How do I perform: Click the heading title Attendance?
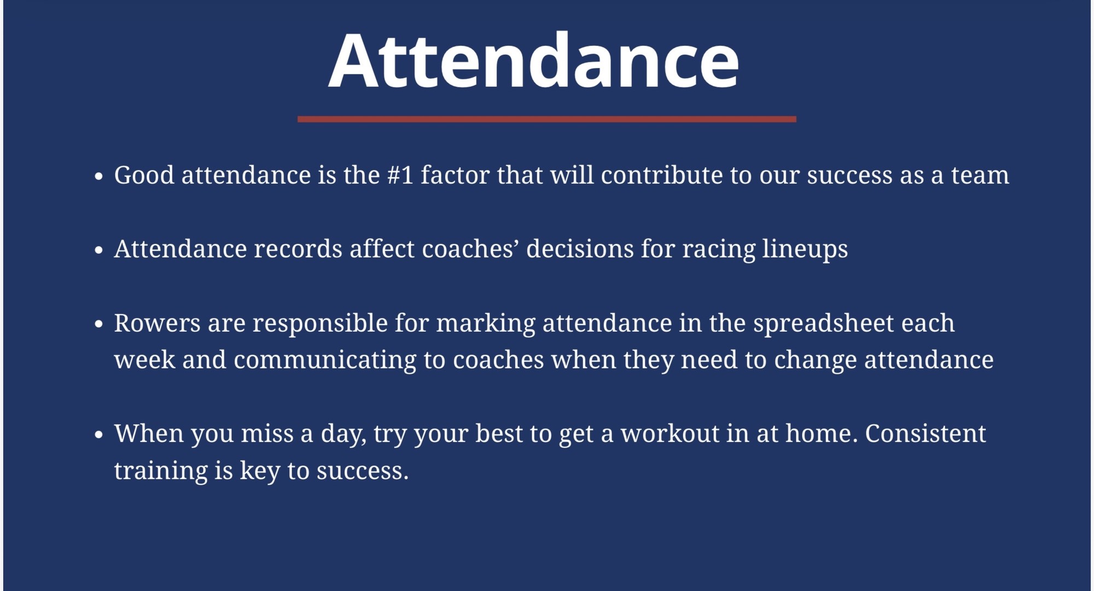click(x=533, y=60)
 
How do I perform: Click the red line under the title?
click(x=547, y=119)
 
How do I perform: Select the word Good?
click(x=144, y=175)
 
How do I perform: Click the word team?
click(x=980, y=176)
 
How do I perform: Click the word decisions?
click(x=580, y=249)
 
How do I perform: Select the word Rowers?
click(x=157, y=323)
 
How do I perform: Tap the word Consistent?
click(x=926, y=433)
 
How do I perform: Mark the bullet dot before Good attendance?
click(x=98, y=176)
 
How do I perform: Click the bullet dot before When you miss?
click(x=98, y=435)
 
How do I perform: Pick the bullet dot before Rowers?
click(x=98, y=324)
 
